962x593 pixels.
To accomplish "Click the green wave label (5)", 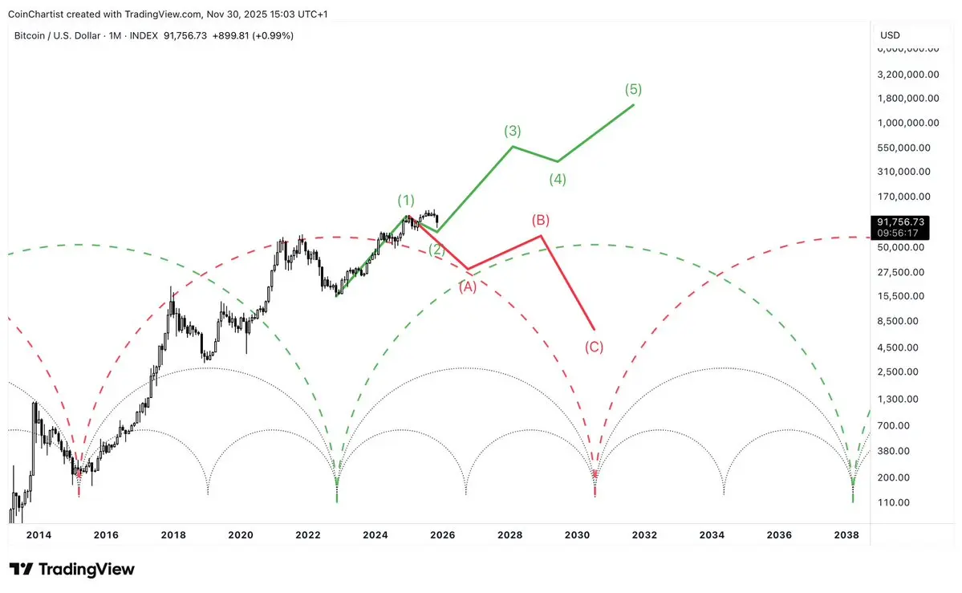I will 633,89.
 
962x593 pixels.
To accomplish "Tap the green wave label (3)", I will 513,131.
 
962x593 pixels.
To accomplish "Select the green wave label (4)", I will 558,180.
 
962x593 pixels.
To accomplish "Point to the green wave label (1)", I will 407,200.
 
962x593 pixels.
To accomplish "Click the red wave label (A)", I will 468,286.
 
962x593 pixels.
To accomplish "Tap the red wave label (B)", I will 540,220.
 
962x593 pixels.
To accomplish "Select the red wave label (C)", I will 594,347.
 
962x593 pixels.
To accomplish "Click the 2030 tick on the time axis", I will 578,535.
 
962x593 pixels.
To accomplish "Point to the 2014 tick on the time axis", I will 39,535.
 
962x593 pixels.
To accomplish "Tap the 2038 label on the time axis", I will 846,535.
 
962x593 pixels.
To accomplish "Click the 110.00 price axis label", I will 894,502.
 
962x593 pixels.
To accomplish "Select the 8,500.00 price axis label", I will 899,321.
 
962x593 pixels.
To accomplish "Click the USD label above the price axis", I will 890,35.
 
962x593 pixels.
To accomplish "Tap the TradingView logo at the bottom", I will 71,570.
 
